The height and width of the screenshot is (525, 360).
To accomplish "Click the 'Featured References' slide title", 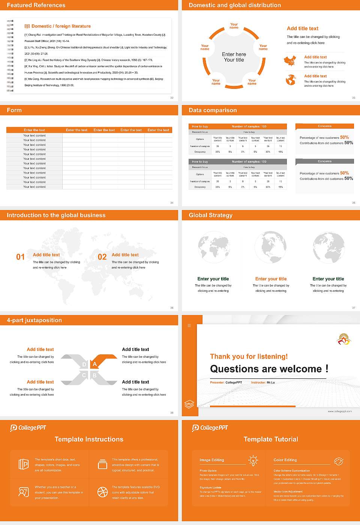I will point(36,5).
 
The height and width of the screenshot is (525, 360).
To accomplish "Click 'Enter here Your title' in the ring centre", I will point(234,57).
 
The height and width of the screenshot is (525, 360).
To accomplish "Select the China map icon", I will point(290,61).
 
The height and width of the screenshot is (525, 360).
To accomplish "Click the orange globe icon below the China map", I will point(291,80).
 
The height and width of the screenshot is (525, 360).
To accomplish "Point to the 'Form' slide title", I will point(14,110).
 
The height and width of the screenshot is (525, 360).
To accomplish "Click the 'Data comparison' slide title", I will point(213,110).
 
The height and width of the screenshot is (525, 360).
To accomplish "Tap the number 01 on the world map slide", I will point(20,257).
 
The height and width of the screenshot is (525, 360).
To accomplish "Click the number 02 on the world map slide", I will point(102,257).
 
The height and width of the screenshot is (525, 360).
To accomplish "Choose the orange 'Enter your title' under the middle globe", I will point(271,279).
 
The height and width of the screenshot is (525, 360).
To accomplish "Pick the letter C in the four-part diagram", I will point(84,375).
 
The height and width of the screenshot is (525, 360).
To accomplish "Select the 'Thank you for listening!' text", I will point(249,356).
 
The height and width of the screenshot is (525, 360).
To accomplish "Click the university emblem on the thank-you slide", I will point(343,339).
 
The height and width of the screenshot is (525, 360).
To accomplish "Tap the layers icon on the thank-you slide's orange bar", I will point(189,404).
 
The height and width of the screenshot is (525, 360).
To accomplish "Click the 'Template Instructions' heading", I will point(89,439).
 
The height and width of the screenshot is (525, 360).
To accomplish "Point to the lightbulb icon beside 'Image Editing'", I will point(253,460).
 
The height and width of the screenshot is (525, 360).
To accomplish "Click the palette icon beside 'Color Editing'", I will point(338,461).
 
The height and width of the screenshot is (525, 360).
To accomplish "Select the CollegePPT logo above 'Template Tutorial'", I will point(210,428).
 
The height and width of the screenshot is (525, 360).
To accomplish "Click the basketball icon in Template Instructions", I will point(102,492).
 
